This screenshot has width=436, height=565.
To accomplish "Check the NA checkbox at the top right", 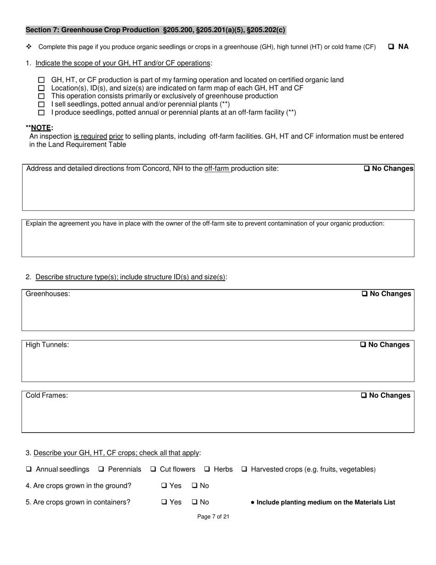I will coord(391,46).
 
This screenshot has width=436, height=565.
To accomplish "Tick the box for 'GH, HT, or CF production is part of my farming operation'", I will coord(42,80).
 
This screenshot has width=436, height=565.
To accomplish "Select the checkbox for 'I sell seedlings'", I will coord(42,104).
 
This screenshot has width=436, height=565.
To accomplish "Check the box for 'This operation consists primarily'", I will coord(42,96).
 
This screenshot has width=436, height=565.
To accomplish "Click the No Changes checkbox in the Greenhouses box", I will coord(365,294).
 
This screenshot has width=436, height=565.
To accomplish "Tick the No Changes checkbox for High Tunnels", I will coord(363,345).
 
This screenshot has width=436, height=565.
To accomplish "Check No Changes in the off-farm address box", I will coord(367,169).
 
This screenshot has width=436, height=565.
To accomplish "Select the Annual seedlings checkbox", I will coord(29,469).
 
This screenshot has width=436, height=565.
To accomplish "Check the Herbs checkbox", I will coord(207,469).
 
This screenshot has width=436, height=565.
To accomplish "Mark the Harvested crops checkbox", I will coord(245,469).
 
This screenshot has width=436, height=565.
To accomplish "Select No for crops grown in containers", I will coord(195,502).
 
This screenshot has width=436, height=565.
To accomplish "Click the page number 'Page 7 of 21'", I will coord(213,517).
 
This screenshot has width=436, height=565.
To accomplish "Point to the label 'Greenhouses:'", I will coord(48,294).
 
